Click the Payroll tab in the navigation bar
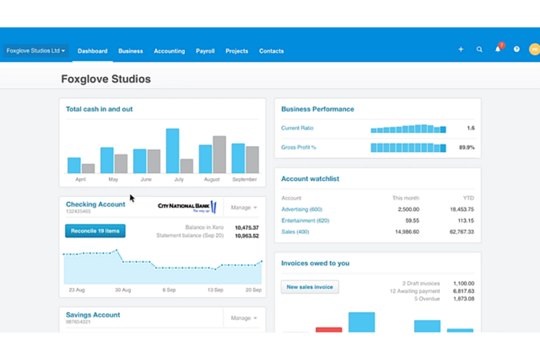(205, 51)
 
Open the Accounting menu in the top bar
(169, 51)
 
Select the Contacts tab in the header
(271, 51)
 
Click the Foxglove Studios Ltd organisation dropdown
(35, 51)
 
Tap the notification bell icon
(498, 49)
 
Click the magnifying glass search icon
(479, 49)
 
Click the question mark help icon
(517, 49)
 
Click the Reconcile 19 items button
(95, 231)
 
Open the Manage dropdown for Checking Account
(244, 208)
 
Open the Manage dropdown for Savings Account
(244, 318)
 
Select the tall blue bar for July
(173, 151)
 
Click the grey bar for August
(219, 154)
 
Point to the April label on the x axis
(80, 179)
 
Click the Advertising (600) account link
(302, 209)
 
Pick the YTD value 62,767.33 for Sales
(462, 232)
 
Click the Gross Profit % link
(298, 147)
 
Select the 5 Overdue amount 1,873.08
(463, 299)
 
